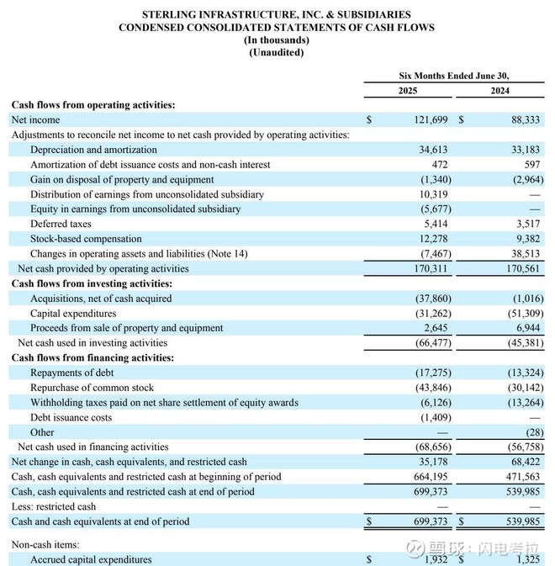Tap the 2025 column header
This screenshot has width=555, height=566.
point(408,91)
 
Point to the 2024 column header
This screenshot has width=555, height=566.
point(499,91)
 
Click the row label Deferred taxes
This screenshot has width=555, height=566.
point(62,225)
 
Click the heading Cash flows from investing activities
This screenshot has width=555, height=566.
point(92,284)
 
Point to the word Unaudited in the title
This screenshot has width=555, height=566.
point(277,53)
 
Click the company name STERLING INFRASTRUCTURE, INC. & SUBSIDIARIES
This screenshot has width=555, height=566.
point(277,15)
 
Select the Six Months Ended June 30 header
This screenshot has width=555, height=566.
point(454,76)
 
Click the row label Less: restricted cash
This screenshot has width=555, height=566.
point(54,506)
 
